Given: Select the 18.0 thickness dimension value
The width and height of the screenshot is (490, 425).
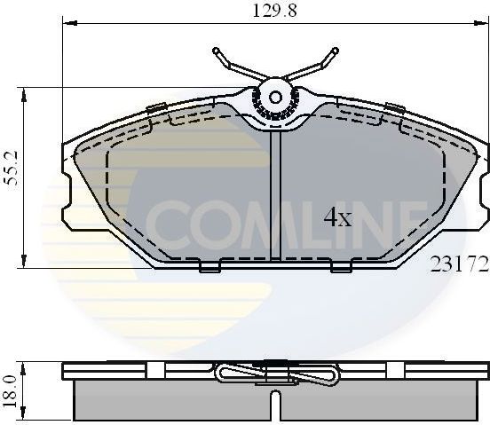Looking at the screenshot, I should coord(11,390).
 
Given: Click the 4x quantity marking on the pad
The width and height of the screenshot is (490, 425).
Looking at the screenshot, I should coord(337,217).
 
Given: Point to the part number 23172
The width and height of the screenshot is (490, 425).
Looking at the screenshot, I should coord(459,264).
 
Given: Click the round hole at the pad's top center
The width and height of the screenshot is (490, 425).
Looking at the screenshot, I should coord(275,97).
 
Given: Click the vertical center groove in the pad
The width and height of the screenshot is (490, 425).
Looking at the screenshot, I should coord(275,195).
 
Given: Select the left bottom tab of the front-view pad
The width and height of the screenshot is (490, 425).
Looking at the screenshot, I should coord(210,266).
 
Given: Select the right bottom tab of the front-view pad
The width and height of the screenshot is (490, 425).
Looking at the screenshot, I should coord(341,266).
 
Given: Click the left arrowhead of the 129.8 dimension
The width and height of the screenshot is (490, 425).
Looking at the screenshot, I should coord(66,26).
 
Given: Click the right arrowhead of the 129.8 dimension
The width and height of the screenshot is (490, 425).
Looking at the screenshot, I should coord(483,26).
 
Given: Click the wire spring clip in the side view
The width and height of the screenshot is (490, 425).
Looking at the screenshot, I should coord(275,374).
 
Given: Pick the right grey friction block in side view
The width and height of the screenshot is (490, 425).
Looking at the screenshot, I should coord(382,399).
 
